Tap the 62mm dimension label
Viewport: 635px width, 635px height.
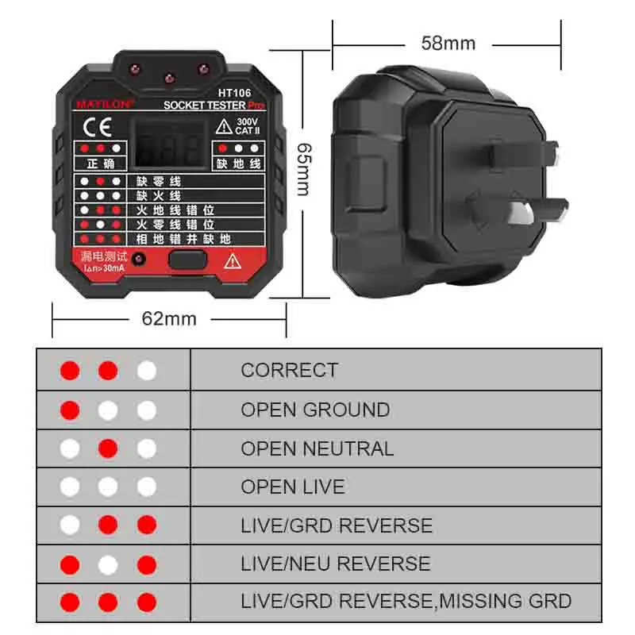tap(168, 318)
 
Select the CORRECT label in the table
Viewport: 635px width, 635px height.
tap(289, 370)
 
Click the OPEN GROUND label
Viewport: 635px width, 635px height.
tap(315, 410)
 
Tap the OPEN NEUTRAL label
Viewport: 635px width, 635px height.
tap(317, 448)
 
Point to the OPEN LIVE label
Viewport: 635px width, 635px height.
tap(293, 487)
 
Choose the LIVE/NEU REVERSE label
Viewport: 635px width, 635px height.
tap(335, 564)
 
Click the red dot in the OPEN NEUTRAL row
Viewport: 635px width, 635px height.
tap(108, 448)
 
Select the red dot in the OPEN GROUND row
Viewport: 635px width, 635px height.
tap(70, 410)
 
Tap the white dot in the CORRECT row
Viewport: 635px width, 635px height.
tap(146, 370)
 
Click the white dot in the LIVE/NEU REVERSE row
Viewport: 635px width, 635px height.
tap(108, 564)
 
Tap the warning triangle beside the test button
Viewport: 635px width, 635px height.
tap(233, 260)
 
